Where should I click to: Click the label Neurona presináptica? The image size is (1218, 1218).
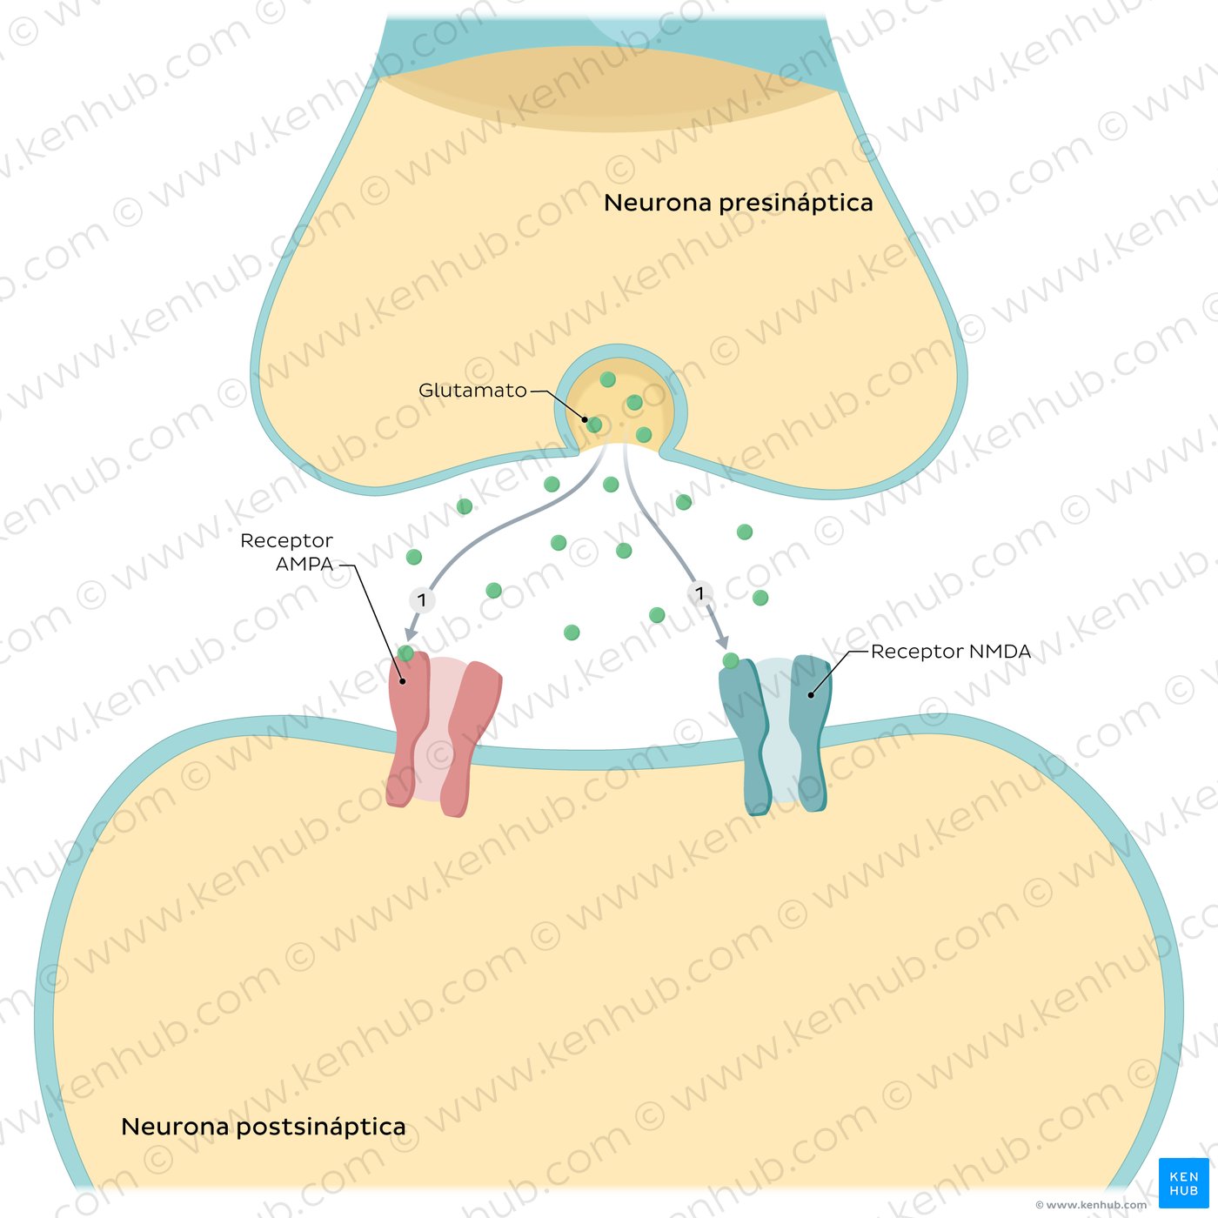(739, 203)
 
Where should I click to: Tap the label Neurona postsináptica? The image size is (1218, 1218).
(263, 1127)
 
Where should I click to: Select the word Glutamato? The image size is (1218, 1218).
(472, 390)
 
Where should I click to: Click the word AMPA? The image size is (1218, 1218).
(304, 564)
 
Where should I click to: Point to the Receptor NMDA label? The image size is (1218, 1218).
(951, 651)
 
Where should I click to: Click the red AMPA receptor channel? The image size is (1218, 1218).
(444, 734)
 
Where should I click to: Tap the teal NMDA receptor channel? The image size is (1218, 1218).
(775, 735)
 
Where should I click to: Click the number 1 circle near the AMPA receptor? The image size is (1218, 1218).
(422, 599)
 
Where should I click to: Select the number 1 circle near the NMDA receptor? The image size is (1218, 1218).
(699, 593)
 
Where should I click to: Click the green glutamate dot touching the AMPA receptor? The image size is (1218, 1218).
(405, 652)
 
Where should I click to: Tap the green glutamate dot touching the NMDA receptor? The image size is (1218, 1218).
(731, 660)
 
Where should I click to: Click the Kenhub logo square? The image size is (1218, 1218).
(1184, 1182)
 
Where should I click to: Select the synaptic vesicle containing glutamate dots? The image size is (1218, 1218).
(619, 398)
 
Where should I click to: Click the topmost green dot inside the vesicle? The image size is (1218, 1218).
(607, 379)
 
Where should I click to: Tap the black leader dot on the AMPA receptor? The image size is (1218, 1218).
(402, 681)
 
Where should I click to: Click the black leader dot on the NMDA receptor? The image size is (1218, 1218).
(811, 695)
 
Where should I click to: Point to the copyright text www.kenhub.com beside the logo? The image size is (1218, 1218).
(1091, 1205)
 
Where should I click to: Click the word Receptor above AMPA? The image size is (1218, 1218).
(286, 540)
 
